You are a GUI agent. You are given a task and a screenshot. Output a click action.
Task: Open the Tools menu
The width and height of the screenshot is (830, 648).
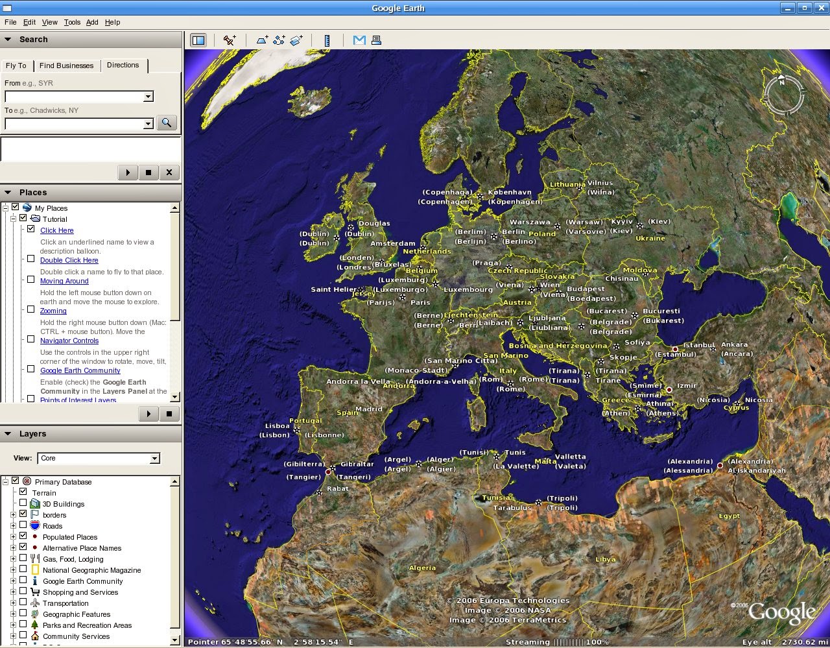[72, 22]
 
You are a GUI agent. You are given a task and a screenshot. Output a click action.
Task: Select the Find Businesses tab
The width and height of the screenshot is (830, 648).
[66, 66]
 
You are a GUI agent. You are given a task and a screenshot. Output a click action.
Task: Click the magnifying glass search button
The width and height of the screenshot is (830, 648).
[167, 123]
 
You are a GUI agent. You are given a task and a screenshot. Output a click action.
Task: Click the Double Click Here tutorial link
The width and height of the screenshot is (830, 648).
[69, 260]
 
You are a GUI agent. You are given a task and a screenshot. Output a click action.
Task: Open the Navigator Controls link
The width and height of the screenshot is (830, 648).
[69, 341]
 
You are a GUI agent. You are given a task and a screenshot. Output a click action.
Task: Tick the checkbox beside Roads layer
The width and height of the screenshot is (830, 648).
[23, 525]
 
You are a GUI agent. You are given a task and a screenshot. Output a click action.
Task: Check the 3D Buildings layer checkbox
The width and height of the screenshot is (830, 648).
[23, 503]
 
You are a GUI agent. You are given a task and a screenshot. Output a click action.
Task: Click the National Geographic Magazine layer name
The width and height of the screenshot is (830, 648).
[91, 570]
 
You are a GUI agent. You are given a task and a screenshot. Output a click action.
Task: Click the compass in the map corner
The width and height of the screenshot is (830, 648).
[783, 95]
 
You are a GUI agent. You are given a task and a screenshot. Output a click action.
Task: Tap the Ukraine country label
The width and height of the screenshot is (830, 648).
[650, 238]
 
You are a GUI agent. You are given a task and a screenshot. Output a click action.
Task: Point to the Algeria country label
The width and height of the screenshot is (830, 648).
[422, 568]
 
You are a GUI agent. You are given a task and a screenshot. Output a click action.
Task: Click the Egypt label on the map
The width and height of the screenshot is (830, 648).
[729, 516]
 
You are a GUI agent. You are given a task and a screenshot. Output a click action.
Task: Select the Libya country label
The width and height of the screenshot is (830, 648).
[605, 559]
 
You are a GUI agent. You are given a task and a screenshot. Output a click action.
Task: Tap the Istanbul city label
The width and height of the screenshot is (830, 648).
[698, 345]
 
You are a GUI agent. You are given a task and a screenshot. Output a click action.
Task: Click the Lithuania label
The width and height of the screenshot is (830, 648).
[567, 184]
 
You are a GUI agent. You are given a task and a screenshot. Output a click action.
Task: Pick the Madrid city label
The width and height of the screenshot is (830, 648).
[369, 409]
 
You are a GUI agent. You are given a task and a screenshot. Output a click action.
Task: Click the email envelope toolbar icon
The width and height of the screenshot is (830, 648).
[359, 40]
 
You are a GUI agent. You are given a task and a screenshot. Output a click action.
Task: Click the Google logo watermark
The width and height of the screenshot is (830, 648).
[781, 613]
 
